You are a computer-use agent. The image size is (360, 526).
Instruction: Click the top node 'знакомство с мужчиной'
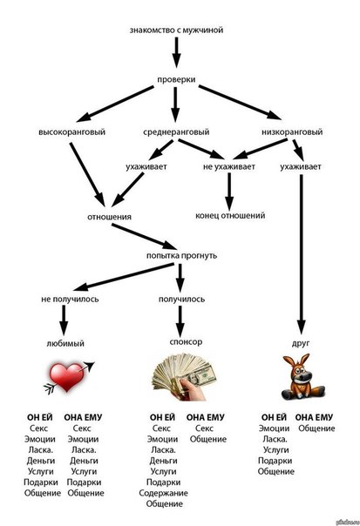(x=176, y=30)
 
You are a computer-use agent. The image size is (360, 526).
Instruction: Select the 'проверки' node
(x=176, y=80)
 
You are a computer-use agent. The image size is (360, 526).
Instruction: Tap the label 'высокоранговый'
(x=71, y=131)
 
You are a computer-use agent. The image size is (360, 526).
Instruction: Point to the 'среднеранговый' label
(x=176, y=131)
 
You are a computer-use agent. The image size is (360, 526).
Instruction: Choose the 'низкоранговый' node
(x=292, y=131)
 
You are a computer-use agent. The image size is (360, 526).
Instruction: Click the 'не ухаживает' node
(x=228, y=166)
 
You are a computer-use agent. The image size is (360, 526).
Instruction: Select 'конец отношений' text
(x=230, y=215)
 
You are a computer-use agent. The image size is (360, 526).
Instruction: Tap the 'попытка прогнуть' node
(x=181, y=256)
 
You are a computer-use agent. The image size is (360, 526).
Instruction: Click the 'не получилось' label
(x=70, y=299)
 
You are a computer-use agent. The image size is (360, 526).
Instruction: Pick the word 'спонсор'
(x=186, y=342)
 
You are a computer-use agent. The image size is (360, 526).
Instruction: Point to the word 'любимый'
(x=65, y=343)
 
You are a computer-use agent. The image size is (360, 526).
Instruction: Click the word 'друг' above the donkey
(x=301, y=343)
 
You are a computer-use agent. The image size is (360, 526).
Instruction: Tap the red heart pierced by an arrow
(x=67, y=377)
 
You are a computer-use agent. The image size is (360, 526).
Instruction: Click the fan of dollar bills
(x=184, y=377)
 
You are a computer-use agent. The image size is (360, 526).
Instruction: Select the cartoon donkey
(x=302, y=376)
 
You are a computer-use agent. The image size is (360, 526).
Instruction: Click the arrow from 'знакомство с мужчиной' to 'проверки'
(x=176, y=52)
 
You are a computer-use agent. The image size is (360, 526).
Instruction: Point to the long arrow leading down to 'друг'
(x=302, y=254)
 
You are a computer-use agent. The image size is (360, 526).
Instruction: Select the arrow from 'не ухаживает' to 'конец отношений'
(x=229, y=192)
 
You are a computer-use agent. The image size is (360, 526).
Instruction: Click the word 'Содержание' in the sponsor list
(x=163, y=493)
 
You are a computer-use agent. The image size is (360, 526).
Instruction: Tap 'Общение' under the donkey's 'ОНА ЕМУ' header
(x=316, y=428)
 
